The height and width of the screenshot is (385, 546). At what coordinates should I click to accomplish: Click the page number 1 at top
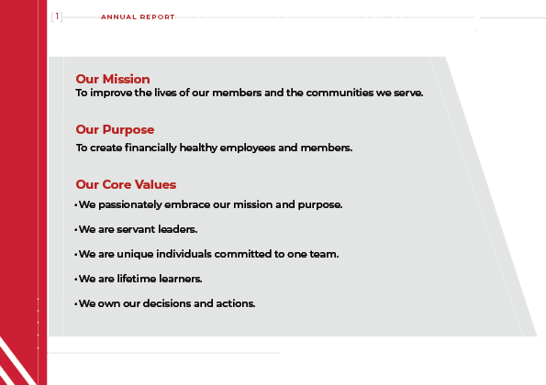[x=58, y=16]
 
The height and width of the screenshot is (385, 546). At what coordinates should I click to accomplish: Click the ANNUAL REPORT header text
[x=137, y=16]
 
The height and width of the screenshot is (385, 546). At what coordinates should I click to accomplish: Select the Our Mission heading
[x=113, y=79]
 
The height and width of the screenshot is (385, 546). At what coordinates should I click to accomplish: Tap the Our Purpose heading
[x=115, y=129]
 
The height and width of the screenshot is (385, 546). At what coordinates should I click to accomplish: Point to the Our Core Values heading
[x=126, y=184]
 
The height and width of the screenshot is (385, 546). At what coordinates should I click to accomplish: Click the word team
[x=326, y=254]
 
